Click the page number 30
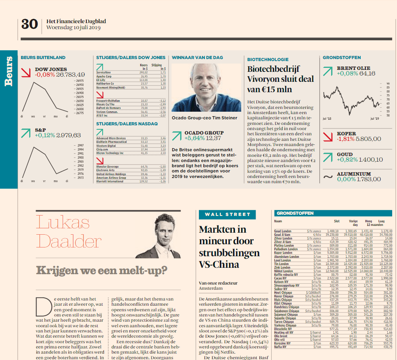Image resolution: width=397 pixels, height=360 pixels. click(29, 24)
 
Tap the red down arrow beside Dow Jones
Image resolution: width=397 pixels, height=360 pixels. click(26, 72)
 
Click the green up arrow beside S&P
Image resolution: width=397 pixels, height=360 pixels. click(26, 133)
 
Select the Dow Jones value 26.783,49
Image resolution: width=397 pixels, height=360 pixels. click(71, 75)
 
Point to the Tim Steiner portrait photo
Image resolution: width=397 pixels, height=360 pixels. click(206, 88)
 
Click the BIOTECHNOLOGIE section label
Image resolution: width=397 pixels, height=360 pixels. click(268, 59)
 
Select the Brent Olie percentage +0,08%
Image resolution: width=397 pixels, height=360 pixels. click(347, 73)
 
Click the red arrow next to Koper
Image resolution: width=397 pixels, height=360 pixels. click(328, 136)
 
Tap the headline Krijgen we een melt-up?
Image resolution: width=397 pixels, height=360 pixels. click(101, 271)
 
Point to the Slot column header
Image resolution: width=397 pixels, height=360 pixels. click(337, 221)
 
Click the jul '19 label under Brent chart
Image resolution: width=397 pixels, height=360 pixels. click(375, 119)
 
